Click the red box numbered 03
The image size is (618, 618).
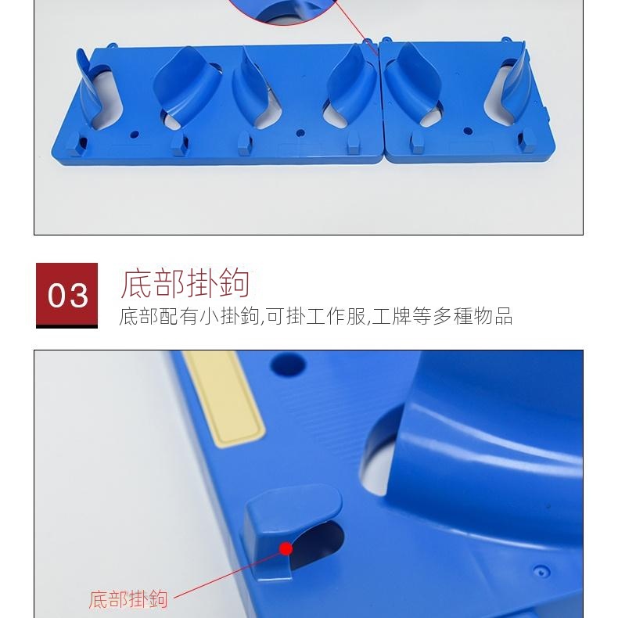pos(66,295)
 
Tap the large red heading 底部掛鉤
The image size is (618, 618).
pos(185,282)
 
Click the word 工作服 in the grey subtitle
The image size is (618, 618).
pos(336,316)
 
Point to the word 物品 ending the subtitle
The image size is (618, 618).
pos(493,316)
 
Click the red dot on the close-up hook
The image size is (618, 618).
pos(286,548)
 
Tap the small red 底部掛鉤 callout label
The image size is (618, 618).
pos(128,599)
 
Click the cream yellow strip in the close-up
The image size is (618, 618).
pos(224,398)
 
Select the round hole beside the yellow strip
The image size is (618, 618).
pos(288,365)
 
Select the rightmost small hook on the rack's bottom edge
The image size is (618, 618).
pos(526,141)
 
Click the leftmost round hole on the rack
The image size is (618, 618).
pos(135,135)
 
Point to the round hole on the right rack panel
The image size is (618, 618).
pos(468,131)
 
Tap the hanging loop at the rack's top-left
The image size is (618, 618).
pos(112,45)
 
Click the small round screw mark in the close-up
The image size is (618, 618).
pos(541,570)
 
